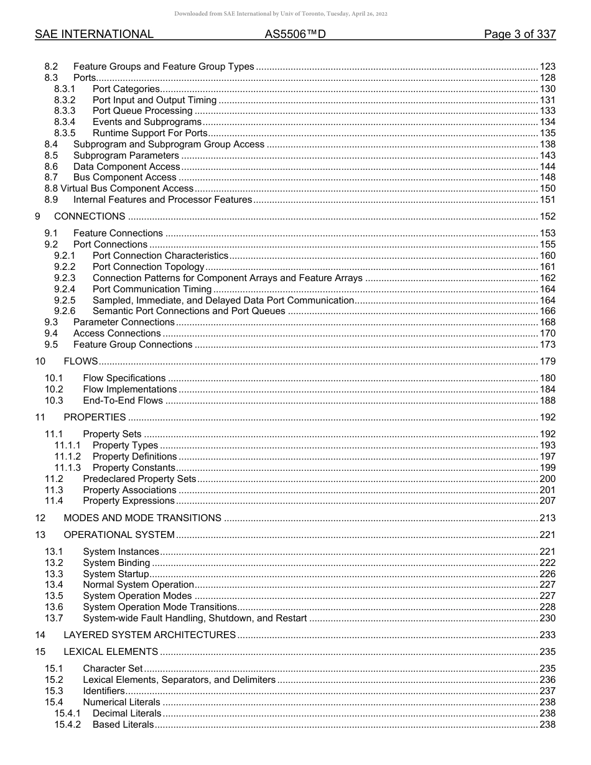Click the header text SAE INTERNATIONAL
pyautogui.click(x=94, y=34)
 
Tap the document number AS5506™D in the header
pyautogui.click(x=295, y=34)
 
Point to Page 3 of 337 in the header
pyautogui.click(x=519, y=34)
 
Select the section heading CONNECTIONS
pyautogui.click(x=90, y=216)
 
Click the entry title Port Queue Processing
pyautogui.click(x=142, y=111)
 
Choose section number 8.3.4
pyautogui.click(x=65, y=122)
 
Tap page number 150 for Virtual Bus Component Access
pyautogui.click(x=547, y=188)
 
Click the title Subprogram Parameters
pyautogui.click(x=126, y=155)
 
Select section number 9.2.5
pyautogui.click(x=65, y=300)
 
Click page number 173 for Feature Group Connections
pyautogui.click(x=547, y=345)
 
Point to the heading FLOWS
pyautogui.click(x=81, y=361)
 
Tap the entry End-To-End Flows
pyautogui.click(x=123, y=401)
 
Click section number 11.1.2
pyautogui.click(x=67, y=457)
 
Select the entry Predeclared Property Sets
pyautogui.click(x=139, y=479)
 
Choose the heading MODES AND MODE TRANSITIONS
pyautogui.click(x=142, y=518)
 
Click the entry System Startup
pyautogui.click(x=116, y=574)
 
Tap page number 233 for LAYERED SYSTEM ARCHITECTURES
pyautogui.click(x=547, y=635)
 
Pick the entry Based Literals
pyautogui.click(x=123, y=725)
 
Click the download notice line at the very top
pyautogui.click(x=281, y=14)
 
